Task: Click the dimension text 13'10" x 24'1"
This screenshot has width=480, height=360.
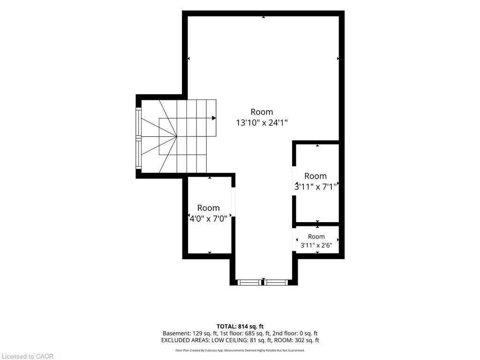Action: coord(262,123)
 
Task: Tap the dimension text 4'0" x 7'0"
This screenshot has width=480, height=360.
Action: coord(209,218)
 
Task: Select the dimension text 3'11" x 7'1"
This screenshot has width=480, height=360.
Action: coord(315,187)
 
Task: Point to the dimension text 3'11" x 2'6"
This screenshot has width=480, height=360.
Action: coord(316,245)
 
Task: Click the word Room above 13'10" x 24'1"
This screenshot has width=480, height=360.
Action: coord(262,112)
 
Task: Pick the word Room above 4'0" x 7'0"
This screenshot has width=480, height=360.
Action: coord(209,208)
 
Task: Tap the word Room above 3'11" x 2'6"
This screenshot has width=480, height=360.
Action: coord(316,237)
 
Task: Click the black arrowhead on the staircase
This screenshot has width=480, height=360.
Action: coord(214,118)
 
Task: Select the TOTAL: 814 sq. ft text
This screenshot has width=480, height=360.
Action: coord(240,326)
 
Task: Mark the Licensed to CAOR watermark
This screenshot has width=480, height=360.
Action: coord(27,356)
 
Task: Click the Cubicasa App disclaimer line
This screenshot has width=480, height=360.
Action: coord(240,350)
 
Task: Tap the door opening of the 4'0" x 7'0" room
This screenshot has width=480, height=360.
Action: coord(233,202)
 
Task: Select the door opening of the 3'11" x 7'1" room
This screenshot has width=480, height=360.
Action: coord(294,181)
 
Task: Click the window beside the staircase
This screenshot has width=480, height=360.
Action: coord(139,138)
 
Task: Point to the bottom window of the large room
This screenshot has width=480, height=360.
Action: coord(263,282)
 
